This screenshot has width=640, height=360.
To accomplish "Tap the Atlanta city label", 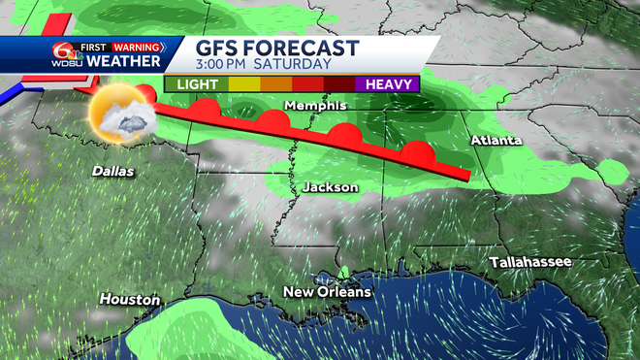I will tap(496, 142).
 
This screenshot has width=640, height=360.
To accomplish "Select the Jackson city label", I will tap(331, 186).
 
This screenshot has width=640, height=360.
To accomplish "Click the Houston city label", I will tap(129, 300).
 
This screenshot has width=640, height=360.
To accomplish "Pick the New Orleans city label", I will tap(327, 292).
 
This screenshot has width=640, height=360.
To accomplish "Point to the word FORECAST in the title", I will tap(305, 49).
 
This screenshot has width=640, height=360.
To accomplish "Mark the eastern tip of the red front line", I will tap(468, 177).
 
